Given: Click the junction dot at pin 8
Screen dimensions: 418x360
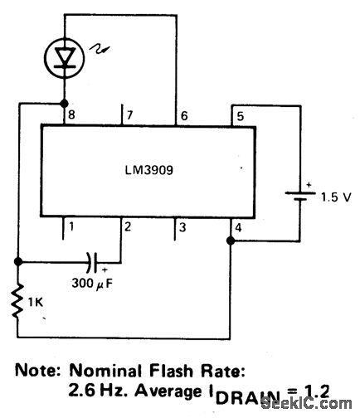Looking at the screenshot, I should pyautogui.click(x=63, y=104).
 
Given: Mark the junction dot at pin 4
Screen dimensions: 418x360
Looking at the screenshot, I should pyautogui.click(x=231, y=241).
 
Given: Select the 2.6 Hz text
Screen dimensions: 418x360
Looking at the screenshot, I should pyautogui.click(x=98, y=388).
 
